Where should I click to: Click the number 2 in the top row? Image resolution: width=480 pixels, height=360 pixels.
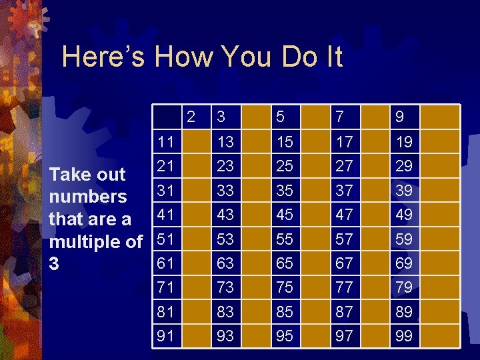[x=191, y=117]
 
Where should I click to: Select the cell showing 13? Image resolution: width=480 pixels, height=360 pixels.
[x=225, y=141]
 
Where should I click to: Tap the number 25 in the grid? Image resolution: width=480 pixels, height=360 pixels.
[x=285, y=165]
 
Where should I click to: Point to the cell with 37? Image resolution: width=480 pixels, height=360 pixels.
[x=345, y=190]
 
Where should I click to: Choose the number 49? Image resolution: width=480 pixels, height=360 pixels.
[x=403, y=214]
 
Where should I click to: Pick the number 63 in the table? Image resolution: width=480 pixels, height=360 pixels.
[x=225, y=263]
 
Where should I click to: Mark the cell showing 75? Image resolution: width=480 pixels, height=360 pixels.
[x=285, y=287]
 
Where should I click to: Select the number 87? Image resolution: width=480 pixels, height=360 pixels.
[x=345, y=311]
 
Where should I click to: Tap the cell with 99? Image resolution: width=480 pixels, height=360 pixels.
[x=403, y=336]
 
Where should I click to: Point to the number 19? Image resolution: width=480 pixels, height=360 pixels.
[x=403, y=141]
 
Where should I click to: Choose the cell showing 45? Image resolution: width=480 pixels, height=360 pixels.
[x=285, y=214]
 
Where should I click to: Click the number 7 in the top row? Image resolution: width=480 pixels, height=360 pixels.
[x=340, y=117]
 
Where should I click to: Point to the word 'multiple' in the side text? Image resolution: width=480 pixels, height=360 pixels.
[x=88, y=241]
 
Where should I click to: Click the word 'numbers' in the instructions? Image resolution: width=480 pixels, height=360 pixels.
[x=88, y=197]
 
